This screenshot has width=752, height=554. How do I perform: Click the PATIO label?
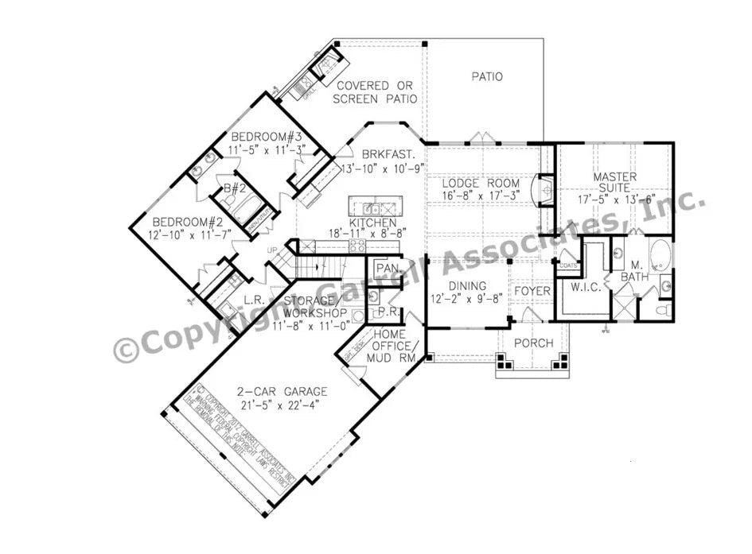(487, 77)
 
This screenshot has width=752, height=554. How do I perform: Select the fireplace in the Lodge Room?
(546, 189)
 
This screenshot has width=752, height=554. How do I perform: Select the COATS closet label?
(568, 265)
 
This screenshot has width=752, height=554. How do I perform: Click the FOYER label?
(532, 292)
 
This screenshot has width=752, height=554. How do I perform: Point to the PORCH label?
(533, 343)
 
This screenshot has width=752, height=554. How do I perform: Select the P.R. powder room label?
(388, 312)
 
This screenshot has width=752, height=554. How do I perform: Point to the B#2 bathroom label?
(232, 189)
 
